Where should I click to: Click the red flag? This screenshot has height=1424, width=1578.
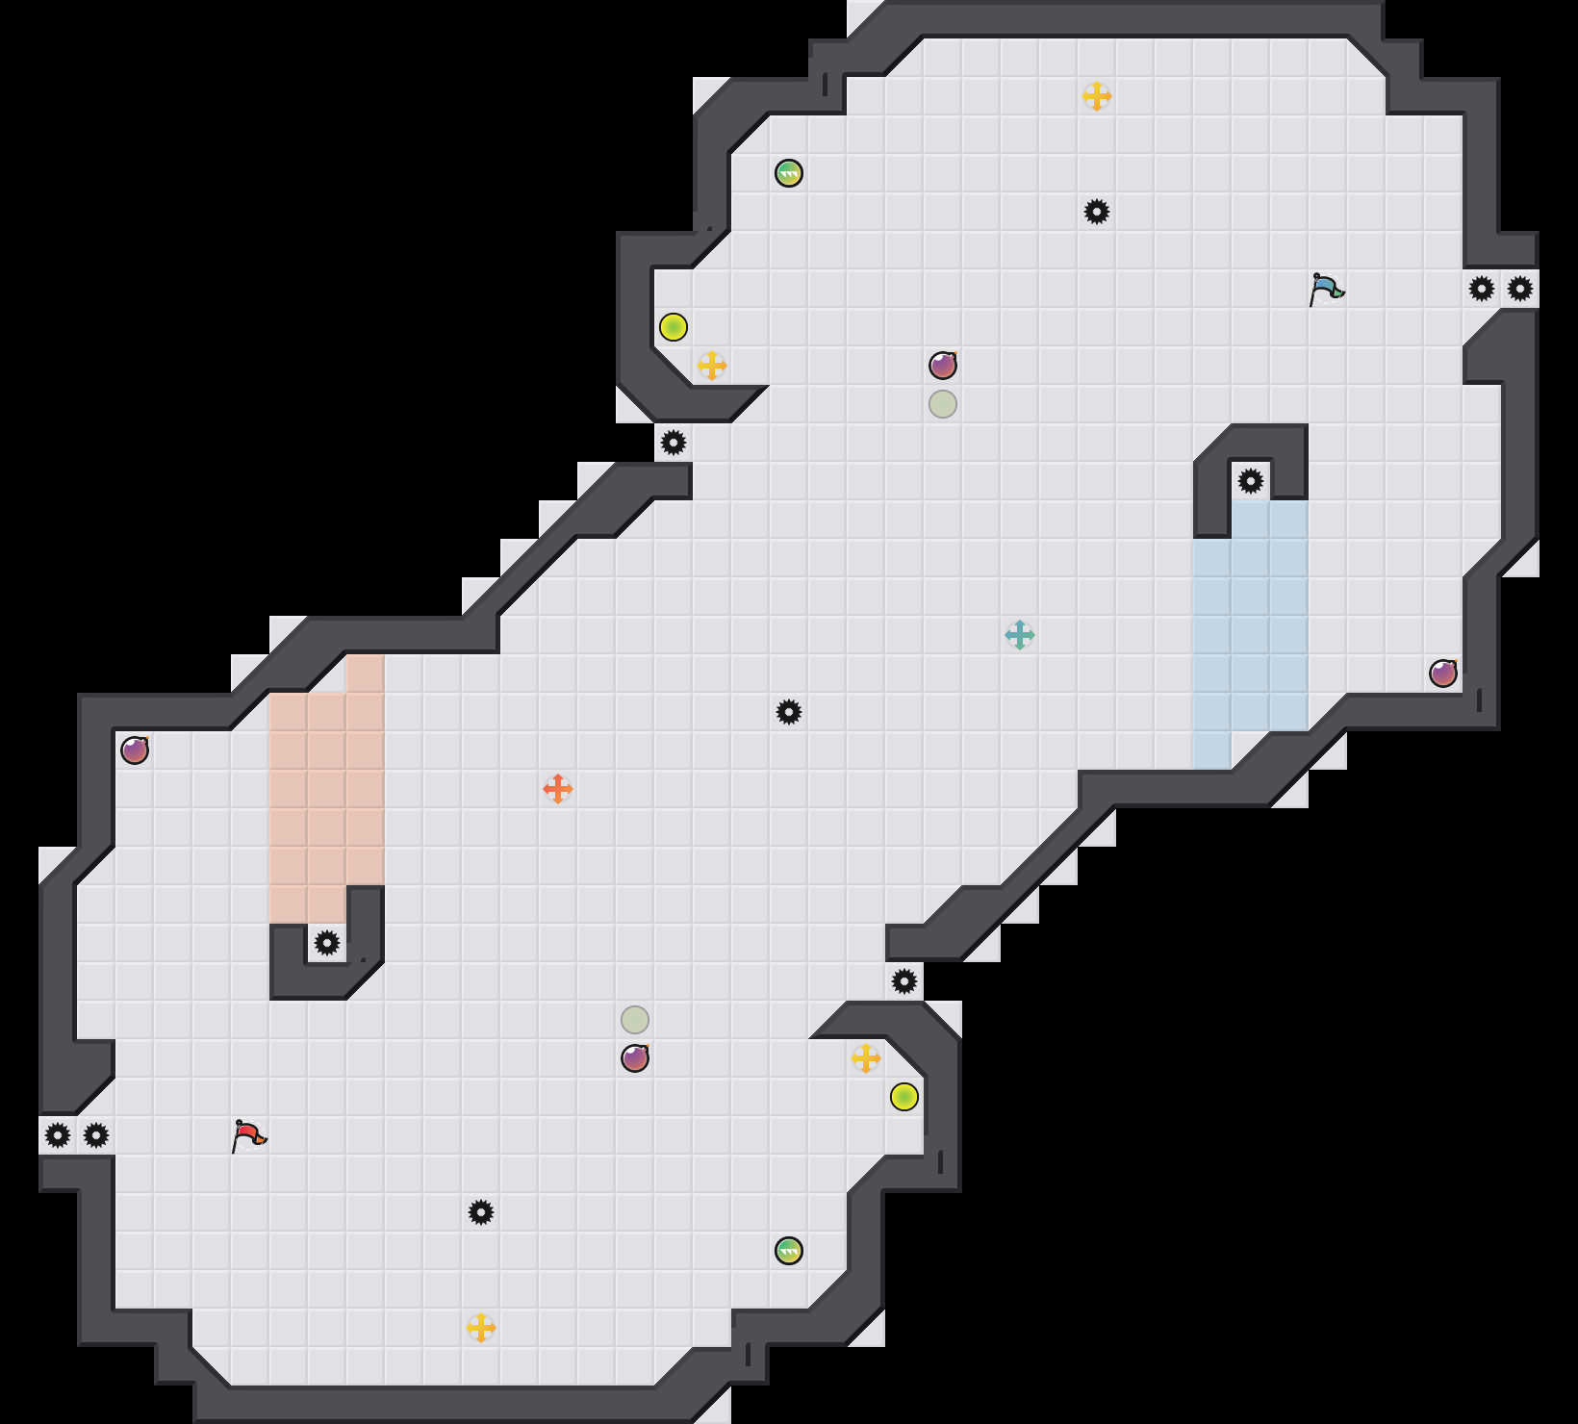[x=248, y=1135]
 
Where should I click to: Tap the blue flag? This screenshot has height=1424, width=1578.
[x=1326, y=289]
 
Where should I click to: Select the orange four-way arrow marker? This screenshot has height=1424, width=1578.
[x=558, y=789]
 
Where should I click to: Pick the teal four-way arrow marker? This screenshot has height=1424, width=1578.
[x=1020, y=635]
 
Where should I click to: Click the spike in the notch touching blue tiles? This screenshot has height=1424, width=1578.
[x=1251, y=481]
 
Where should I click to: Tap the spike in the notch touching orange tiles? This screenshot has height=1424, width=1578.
[x=327, y=943]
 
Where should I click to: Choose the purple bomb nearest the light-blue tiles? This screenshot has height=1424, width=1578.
[x=1443, y=674]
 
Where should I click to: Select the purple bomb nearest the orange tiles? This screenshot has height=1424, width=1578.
[x=135, y=750]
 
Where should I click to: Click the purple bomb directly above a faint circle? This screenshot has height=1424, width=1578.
[x=943, y=366]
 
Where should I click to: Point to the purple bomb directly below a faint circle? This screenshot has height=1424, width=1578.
[x=635, y=1058]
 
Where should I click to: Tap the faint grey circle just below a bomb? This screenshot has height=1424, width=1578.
[x=943, y=404]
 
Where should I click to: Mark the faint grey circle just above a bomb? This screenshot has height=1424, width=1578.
[x=635, y=1020]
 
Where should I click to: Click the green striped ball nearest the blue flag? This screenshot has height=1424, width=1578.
[x=789, y=173]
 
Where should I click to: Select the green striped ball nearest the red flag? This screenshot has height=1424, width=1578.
[x=789, y=1251]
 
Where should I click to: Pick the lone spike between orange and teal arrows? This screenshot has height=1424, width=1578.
[x=789, y=712]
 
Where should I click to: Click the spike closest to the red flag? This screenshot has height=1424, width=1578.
[x=96, y=1135]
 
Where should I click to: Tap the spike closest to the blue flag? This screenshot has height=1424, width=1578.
[x=1482, y=289]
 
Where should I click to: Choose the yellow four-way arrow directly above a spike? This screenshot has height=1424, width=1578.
[x=1097, y=96]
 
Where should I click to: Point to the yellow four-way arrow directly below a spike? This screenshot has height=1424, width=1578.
[x=481, y=1328]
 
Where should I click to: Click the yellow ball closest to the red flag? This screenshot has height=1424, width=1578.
[x=904, y=1097]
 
